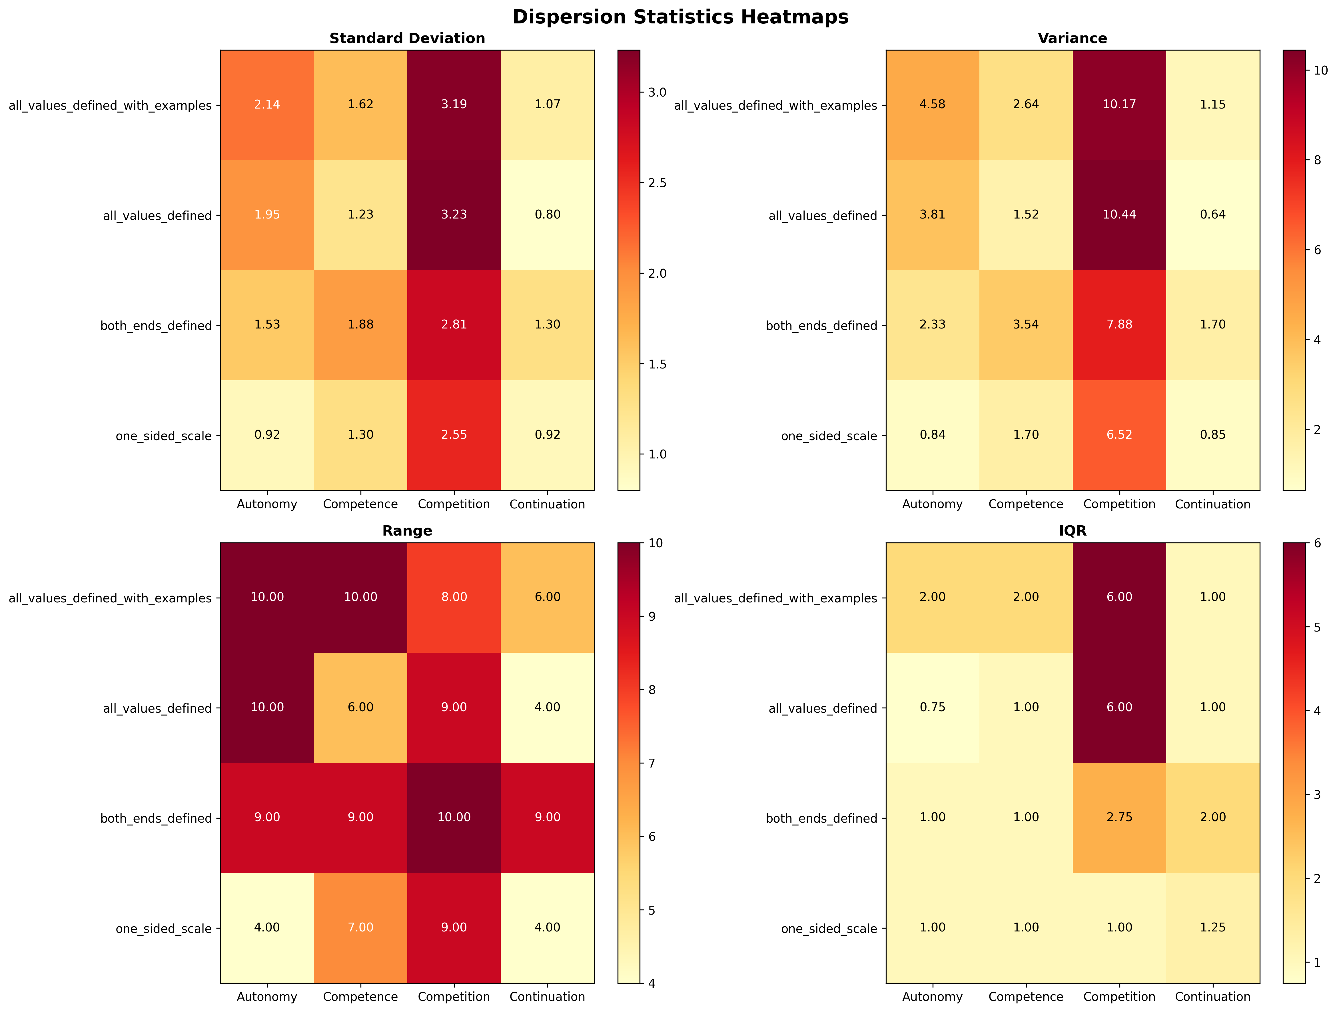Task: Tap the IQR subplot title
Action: pyautogui.click(x=1072, y=531)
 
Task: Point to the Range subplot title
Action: pyautogui.click(x=407, y=531)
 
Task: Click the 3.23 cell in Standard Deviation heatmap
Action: pyautogui.click(x=454, y=215)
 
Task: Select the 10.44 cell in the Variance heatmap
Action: pyautogui.click(x=1119, y=215)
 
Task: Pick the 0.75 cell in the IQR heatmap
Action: pyautogui.click(x=933, y=707)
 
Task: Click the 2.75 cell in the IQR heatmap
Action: pyautogui.click(x=1119, y=817)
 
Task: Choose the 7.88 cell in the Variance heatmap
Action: pyautogui.click(x=1119, y=325)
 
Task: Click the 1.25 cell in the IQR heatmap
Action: pyautogui.click(x=1212, y=927)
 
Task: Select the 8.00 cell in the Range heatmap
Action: pyautogui.click(x=454, y=597)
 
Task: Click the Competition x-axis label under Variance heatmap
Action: pyautogui.click(x=1119, y=504)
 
